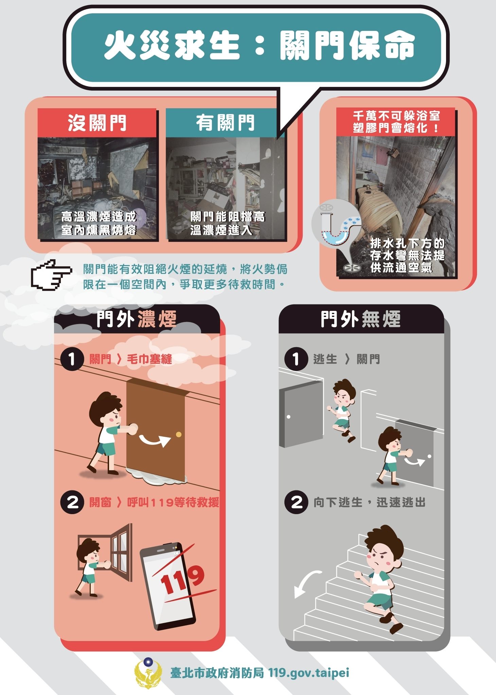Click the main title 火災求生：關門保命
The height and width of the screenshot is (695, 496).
click(x=260, y=46)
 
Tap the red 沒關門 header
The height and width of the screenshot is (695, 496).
click(x=97, y=123)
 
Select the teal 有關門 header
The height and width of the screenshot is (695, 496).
click(x=225, y=123)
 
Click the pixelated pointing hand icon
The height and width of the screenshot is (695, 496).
click(x=52, y=275)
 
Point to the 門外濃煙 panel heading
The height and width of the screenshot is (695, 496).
click(x=136, y=319)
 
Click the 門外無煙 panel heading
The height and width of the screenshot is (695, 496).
click(x=361, y=319)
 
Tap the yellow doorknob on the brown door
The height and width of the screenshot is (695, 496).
click(x=179, y=434)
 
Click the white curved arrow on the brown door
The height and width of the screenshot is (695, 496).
click(x=155, y=440)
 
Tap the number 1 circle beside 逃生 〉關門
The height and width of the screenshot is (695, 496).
click(x=296, y=359)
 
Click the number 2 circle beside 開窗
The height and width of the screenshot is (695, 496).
click(x=72, y=502)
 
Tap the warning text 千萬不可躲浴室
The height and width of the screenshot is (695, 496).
click(x=396, y=116)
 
